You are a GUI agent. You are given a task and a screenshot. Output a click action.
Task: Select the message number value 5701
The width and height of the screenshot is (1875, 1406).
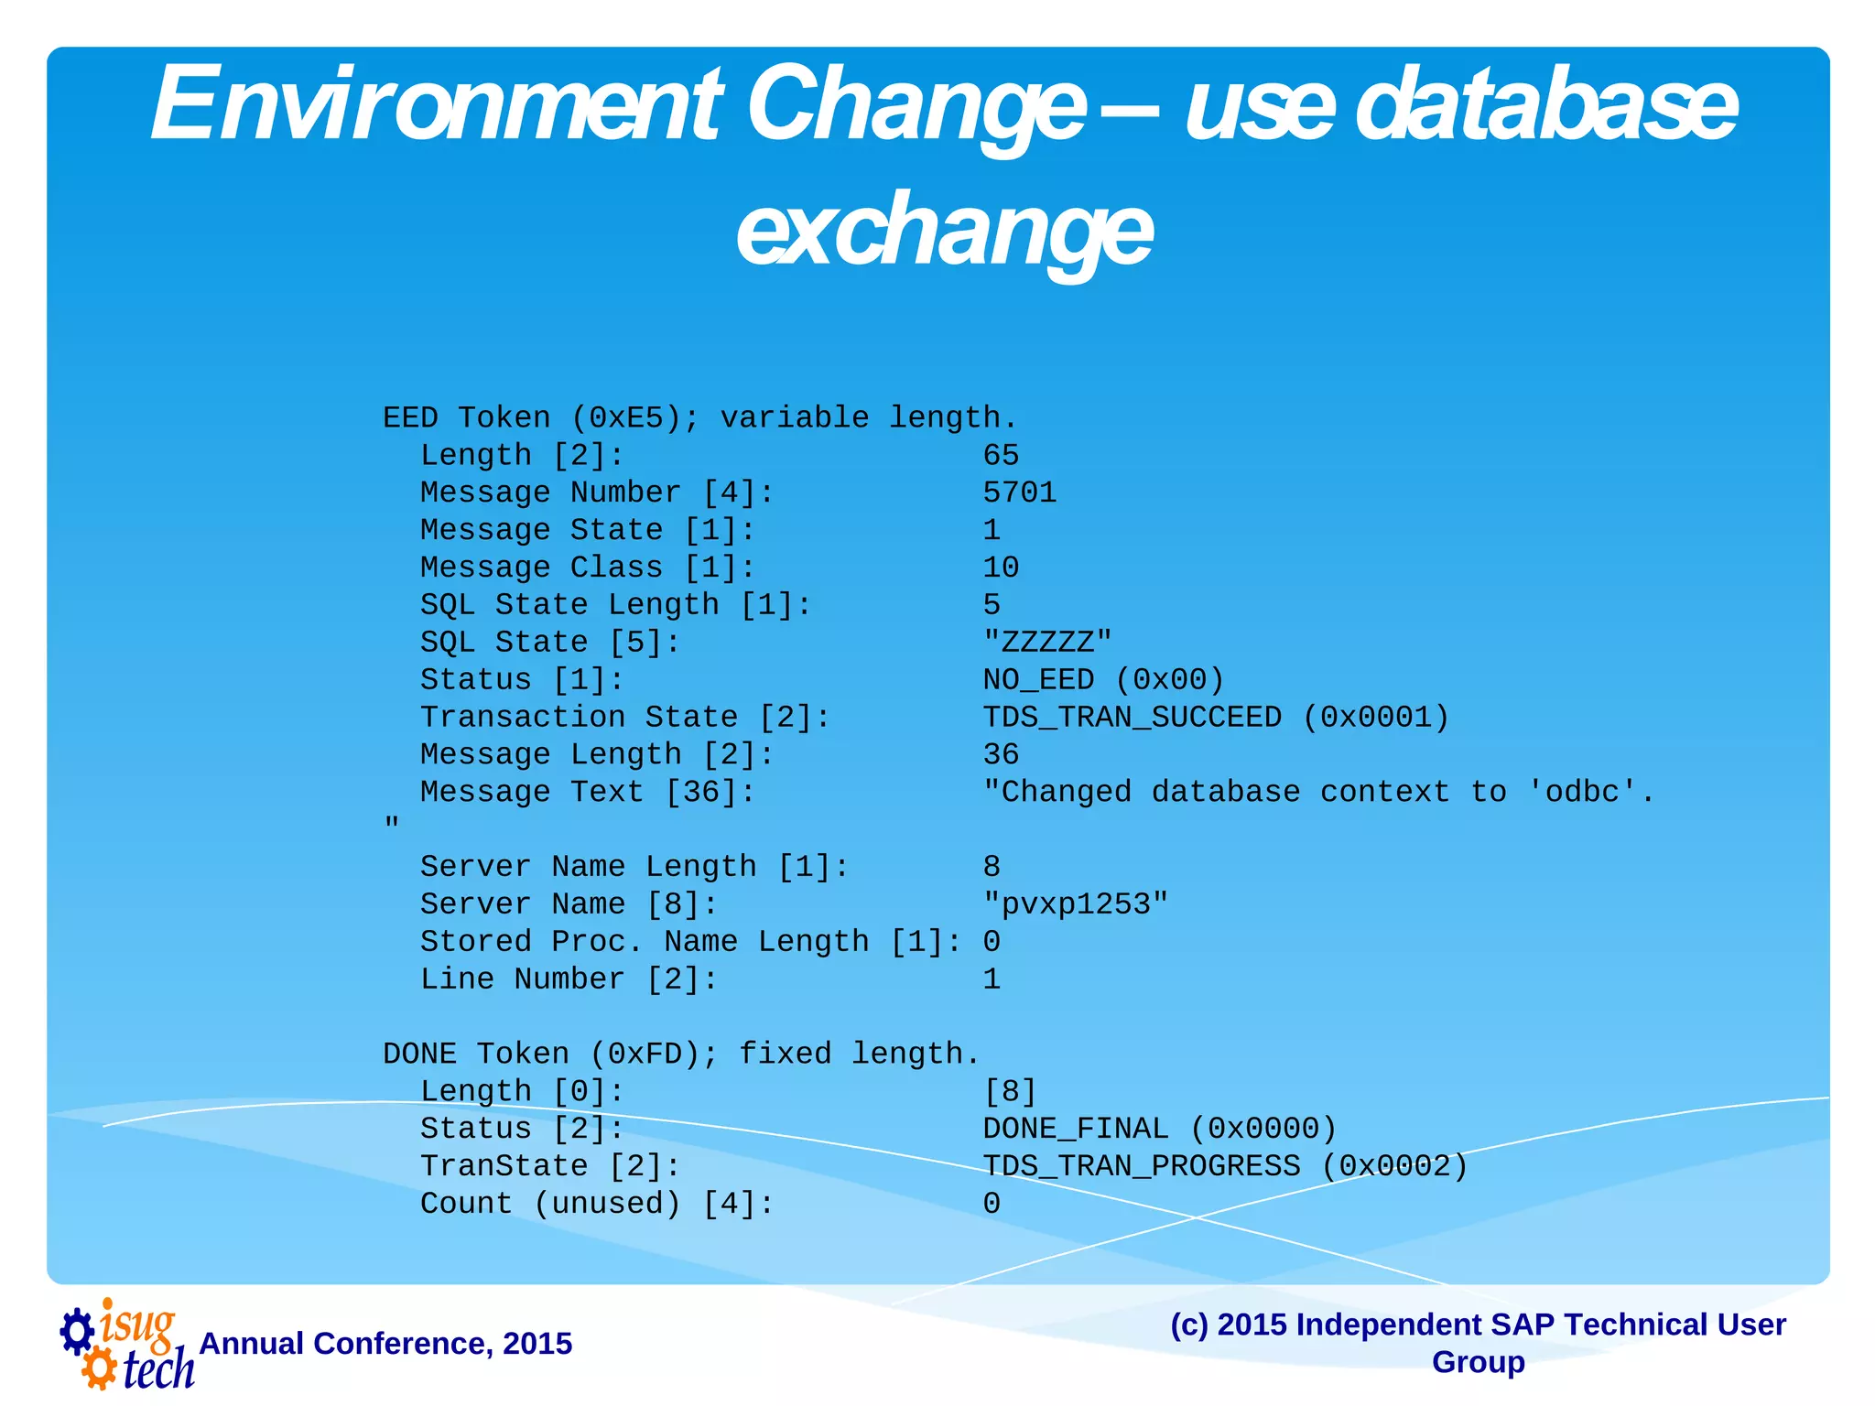click(1019, 493)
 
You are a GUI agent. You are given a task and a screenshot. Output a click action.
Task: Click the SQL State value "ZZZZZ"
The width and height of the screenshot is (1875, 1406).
click(1047, 643)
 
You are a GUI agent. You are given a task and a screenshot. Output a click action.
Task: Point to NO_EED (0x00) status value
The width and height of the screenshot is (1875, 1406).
click(1103, 680)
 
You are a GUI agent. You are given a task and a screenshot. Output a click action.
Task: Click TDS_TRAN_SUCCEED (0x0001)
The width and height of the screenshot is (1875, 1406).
click(1216, 718)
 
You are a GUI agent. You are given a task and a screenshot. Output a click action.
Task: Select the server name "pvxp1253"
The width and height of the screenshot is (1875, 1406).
click(1076, 904)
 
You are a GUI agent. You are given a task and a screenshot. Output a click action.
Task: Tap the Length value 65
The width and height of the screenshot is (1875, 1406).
click(1001, 456)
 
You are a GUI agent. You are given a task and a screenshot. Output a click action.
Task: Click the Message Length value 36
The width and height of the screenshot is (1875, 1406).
click(1001, 755)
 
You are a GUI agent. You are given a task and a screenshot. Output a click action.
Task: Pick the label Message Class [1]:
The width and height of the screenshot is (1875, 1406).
click(588, 568)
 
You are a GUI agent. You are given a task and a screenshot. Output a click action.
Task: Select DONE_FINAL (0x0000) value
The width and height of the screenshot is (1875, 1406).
click(1159, 1129)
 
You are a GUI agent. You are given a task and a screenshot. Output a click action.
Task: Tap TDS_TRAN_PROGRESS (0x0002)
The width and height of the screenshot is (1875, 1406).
click(1225, 1166)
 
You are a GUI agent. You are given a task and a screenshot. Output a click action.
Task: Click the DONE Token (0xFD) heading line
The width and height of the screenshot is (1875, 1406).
click(681, 1054)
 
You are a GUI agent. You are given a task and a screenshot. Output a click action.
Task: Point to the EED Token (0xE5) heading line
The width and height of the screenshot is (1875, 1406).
click(699, 418)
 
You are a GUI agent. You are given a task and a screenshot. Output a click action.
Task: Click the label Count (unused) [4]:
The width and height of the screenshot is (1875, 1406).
click(597, 1204)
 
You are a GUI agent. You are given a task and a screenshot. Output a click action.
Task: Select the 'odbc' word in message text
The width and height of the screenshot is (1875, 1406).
click(1582, 792)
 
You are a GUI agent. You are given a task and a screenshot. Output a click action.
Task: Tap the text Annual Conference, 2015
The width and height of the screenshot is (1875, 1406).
click(385, 1344)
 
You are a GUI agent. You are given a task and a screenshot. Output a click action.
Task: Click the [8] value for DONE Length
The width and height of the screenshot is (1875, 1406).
click(1010, 1092)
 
